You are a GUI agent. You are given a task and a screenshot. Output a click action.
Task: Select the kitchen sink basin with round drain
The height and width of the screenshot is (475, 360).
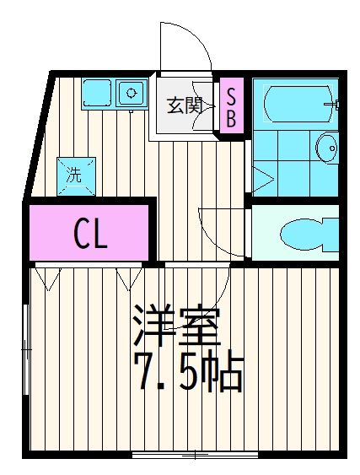pyautogui.click(x=132, y=92)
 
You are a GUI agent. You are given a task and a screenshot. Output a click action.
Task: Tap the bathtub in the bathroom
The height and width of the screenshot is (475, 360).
pyautogui.click(x=295, y=105)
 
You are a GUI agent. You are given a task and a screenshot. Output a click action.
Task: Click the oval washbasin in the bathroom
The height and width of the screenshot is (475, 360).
pyautogui.click(x=327, y=151)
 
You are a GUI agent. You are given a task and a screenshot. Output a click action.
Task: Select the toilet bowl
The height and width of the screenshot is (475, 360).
pyautogui.click(x=304, y=232)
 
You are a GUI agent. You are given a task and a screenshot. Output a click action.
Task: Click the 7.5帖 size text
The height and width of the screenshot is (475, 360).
pyautogui.click(x=188, y=372)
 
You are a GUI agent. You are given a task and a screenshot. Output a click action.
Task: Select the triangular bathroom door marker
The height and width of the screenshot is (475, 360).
pyautogui.click(x=261, y=178)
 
